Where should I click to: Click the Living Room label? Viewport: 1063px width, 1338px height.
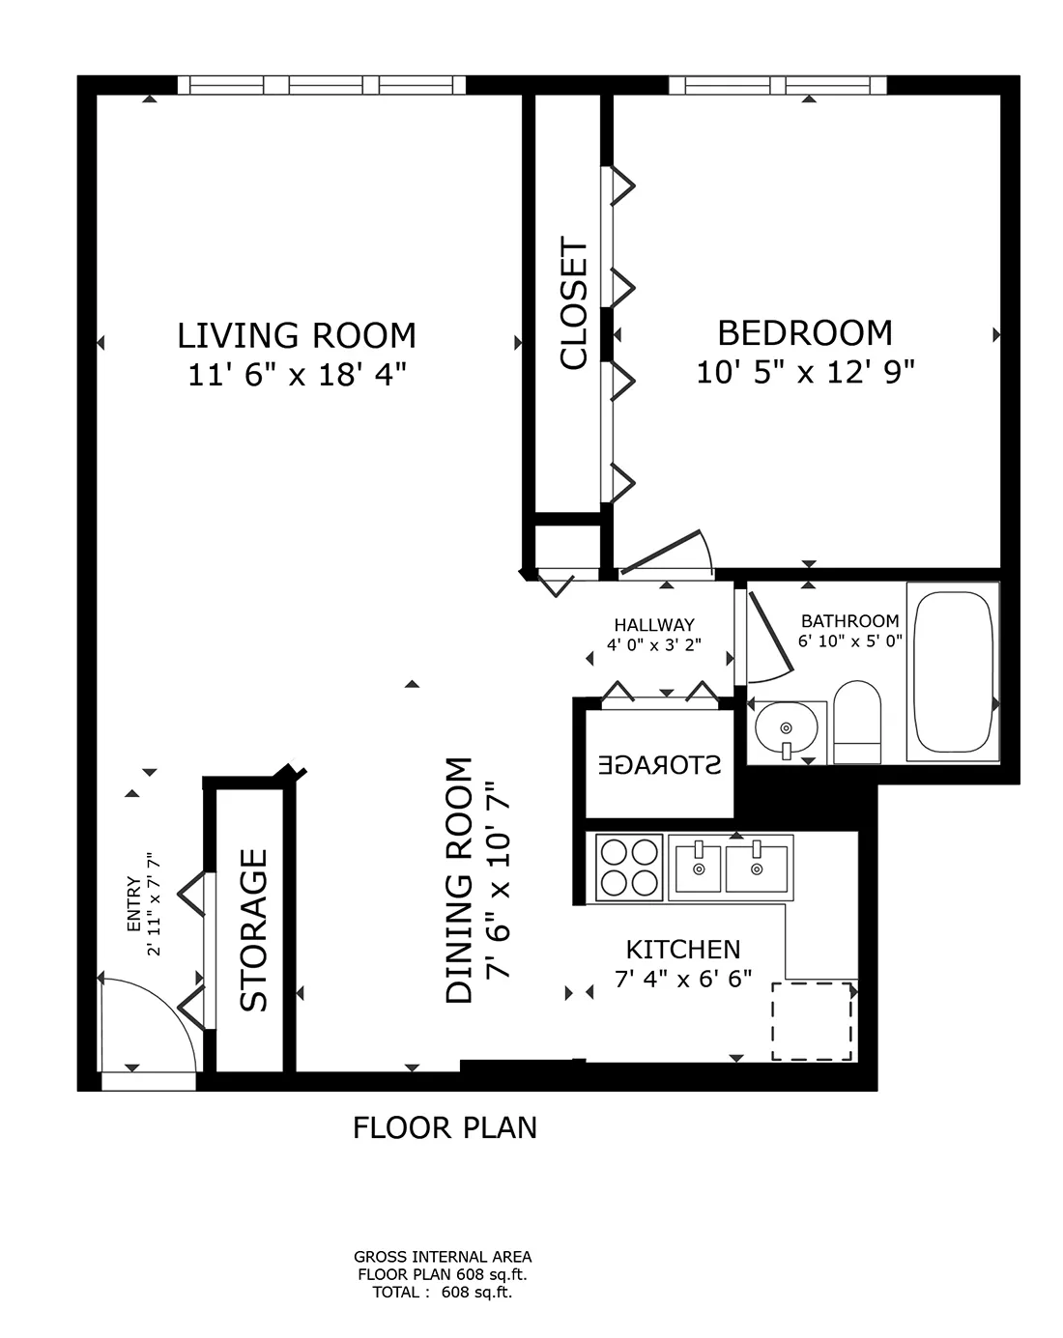pos(297,335)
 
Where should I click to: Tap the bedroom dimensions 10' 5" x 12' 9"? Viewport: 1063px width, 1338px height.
pos(805,371)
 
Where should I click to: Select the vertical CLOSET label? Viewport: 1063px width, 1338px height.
pos(574,304)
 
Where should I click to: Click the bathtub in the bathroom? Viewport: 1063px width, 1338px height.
pos(954,671)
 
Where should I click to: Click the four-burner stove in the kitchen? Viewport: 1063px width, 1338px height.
pos(628,866)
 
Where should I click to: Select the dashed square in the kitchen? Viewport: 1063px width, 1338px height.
pos(812,1021)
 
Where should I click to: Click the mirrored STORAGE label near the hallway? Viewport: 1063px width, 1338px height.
pos(660,765)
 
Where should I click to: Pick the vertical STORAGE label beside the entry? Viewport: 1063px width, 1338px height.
pos(253,929)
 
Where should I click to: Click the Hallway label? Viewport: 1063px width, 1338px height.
pos(653,625)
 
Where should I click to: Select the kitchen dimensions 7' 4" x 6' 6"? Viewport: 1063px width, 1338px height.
pos(683,979)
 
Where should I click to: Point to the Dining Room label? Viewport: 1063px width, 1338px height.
pos(460,880)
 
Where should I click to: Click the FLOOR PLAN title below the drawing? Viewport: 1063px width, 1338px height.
pos(445,1127)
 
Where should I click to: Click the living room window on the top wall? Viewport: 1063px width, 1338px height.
pos(327,85)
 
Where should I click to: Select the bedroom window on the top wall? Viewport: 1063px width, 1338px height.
pos(777,85)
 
